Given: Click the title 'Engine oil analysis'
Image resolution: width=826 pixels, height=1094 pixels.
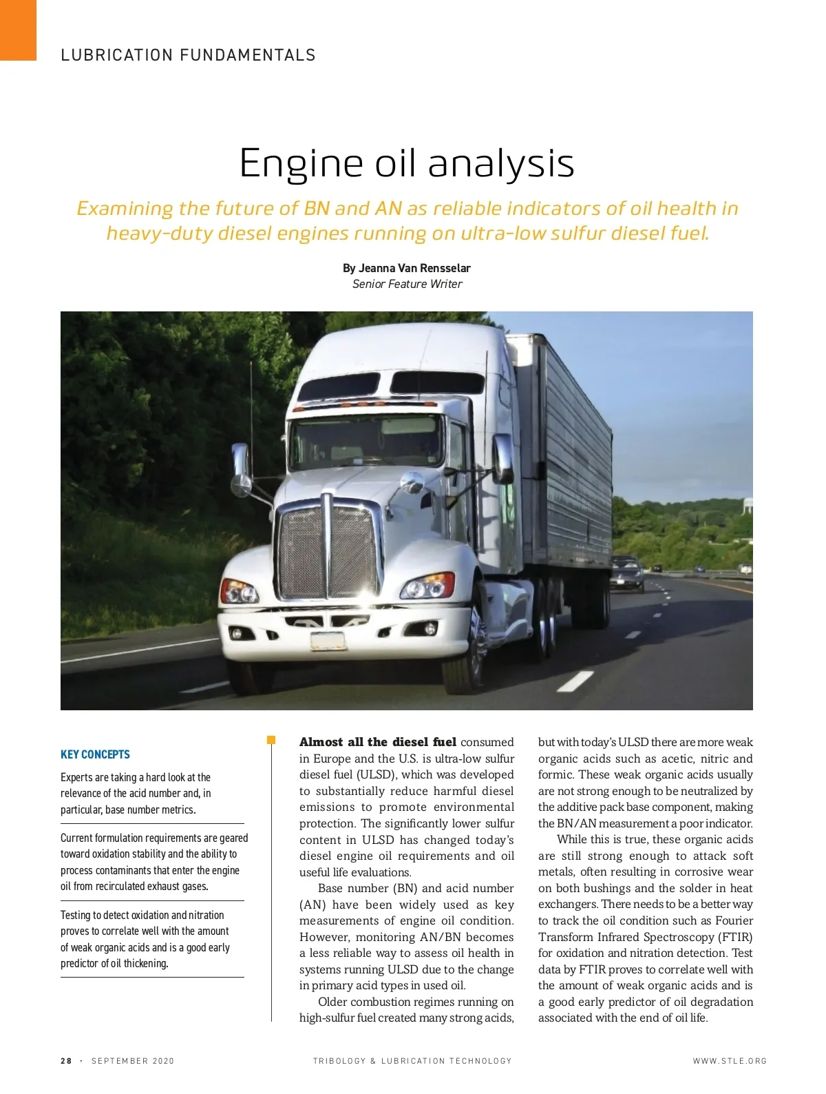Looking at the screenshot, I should [406, 164].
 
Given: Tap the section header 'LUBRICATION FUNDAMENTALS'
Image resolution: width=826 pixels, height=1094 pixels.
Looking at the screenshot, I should [188, 55].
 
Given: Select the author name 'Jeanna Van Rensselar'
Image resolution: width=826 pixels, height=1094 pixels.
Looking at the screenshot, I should [414, 268].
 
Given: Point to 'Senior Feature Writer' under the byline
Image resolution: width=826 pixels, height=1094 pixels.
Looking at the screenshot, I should [407, 284].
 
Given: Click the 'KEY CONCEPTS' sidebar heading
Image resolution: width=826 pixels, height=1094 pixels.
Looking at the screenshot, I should [95, 754].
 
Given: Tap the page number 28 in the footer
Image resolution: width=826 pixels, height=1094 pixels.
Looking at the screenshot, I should [66, 1061].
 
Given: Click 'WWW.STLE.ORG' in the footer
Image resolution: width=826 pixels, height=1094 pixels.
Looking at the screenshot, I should [730, 1061].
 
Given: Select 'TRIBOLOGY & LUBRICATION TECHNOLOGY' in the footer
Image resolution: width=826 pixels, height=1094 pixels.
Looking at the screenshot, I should [412, 1061].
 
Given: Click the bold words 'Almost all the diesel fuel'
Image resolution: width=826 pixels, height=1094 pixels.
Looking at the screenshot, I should [377, 742].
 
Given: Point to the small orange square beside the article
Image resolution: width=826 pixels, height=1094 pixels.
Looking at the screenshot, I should [271, 740].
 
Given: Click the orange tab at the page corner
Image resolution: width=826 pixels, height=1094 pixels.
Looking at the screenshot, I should [18, 30].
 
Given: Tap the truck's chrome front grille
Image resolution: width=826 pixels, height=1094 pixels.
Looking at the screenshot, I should [328, 550].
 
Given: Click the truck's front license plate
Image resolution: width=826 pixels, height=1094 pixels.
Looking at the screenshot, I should [328, 641].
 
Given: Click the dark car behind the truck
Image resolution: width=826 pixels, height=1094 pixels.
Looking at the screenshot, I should [627, 573].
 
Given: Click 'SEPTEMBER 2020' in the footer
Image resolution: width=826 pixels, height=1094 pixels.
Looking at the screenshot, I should [133, 1061].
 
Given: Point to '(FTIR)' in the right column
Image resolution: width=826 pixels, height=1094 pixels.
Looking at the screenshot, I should [735, 937].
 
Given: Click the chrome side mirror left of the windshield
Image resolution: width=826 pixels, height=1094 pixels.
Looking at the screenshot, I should [241, 469].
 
